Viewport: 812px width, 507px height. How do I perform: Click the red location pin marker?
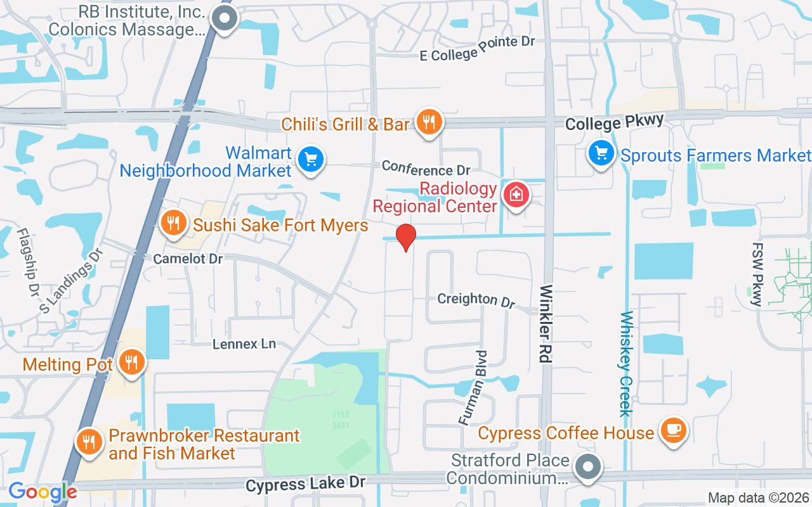(406, 237)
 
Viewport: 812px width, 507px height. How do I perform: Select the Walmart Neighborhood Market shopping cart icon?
(311, 158)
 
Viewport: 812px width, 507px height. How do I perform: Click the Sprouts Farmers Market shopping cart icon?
(601, 153)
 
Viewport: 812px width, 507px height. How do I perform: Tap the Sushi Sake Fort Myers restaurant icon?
(173, 222)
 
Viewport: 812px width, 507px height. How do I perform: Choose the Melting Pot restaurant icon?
(132, 363)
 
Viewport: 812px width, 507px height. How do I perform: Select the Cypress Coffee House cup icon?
(673, 431)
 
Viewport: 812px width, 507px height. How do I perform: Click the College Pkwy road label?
(614, 122)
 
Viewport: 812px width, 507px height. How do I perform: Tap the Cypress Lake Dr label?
(306, 484)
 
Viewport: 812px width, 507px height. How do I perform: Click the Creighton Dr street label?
(476, 300)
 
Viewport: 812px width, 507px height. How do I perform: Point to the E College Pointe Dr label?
(478, 48)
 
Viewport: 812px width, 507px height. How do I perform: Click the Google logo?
(43, 492)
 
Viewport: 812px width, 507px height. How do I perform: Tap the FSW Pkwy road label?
(757, 274)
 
